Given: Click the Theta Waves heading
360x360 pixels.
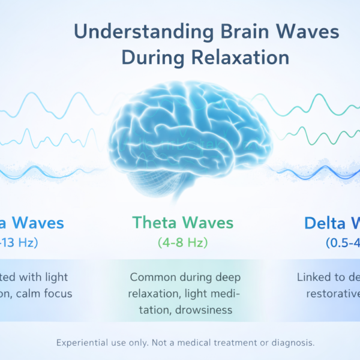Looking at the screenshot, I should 182,223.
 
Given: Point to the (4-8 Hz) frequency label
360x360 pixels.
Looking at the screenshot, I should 182,244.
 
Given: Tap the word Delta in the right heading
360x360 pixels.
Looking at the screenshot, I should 329,223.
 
